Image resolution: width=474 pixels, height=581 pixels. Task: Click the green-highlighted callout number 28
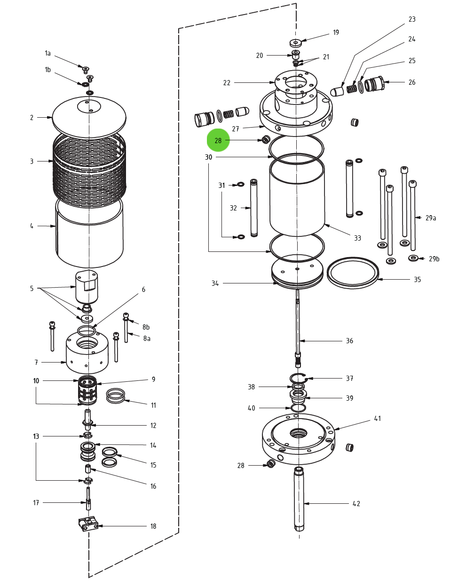click(x=218, y=140)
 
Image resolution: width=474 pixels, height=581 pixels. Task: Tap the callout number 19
click(x=336, y=32)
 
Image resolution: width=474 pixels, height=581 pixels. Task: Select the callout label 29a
click(x=430, y=218)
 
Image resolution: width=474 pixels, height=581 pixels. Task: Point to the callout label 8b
click(x=146, y=327)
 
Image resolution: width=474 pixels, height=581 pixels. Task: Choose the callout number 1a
click(x=47, y=54)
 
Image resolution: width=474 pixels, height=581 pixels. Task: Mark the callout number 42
click(x=356, y=504)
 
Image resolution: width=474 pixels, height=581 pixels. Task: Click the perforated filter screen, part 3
click(x=89, y=169)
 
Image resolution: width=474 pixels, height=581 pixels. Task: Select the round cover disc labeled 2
click(x=89, y=118)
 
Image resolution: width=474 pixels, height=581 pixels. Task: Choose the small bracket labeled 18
click(x=88, y=524)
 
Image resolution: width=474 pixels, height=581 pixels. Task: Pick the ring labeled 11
click(x=115, y=395)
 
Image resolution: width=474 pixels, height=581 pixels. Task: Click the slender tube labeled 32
click(x=254, y=207)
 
